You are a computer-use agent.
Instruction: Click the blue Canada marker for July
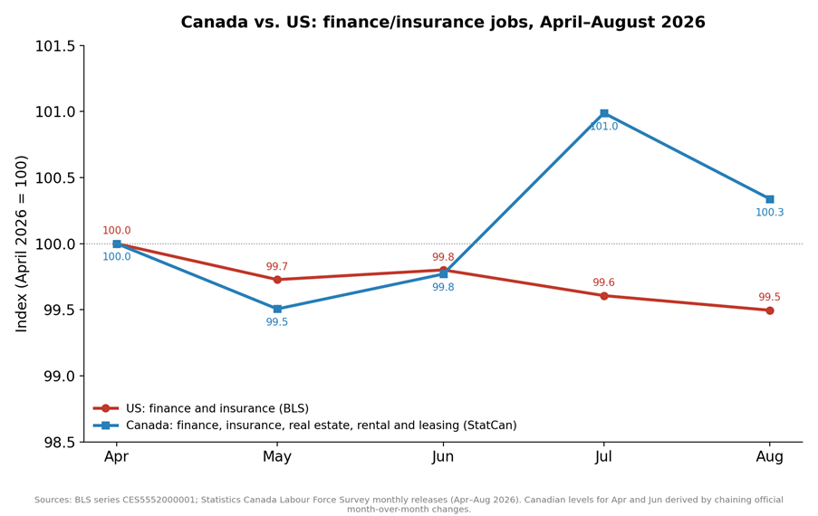pos(604,113)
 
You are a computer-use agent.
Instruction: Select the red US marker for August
pos(769,311)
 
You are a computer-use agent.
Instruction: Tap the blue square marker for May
pos(277,309)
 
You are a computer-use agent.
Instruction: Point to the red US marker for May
pos(277,280)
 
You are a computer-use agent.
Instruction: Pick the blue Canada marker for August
pos(769,199)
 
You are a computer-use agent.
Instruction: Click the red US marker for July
pos(604,296)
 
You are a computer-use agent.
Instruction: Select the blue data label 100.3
pos(769,213)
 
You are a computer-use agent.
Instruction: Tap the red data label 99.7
pos(277,267)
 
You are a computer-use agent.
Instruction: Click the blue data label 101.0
pos(604,127)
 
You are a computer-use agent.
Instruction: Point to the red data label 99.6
pos(603,282)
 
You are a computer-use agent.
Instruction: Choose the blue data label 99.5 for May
pos(277,322)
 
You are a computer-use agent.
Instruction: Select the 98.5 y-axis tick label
pos(59,443)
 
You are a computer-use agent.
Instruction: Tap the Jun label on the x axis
pos(443,457)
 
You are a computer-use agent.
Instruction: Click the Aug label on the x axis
pos(769,457)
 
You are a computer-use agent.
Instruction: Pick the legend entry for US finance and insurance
pos(201,408)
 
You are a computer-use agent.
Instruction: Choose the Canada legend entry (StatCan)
pos(305,425)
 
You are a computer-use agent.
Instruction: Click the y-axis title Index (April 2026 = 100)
pos(22,244)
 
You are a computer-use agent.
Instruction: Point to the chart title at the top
pos(443,22)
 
